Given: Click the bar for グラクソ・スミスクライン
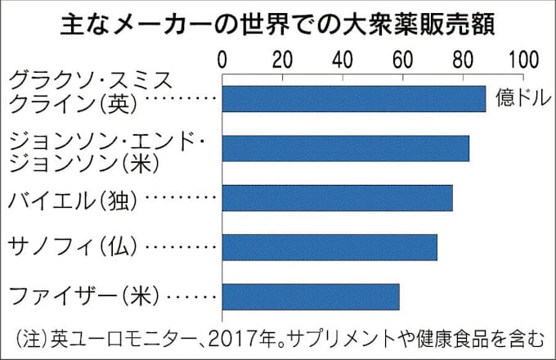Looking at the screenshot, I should (x=353, y=98).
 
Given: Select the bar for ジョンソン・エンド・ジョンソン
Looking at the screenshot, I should (x=345, y=148).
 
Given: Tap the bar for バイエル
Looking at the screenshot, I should (x=337, y=198).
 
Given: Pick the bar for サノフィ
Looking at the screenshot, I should (x=330, y=247).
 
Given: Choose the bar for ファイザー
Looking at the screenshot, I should (x=311, y=297).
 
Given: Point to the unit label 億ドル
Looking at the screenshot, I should (x=518, y=100).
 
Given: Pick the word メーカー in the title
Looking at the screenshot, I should (x=155, y=24).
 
